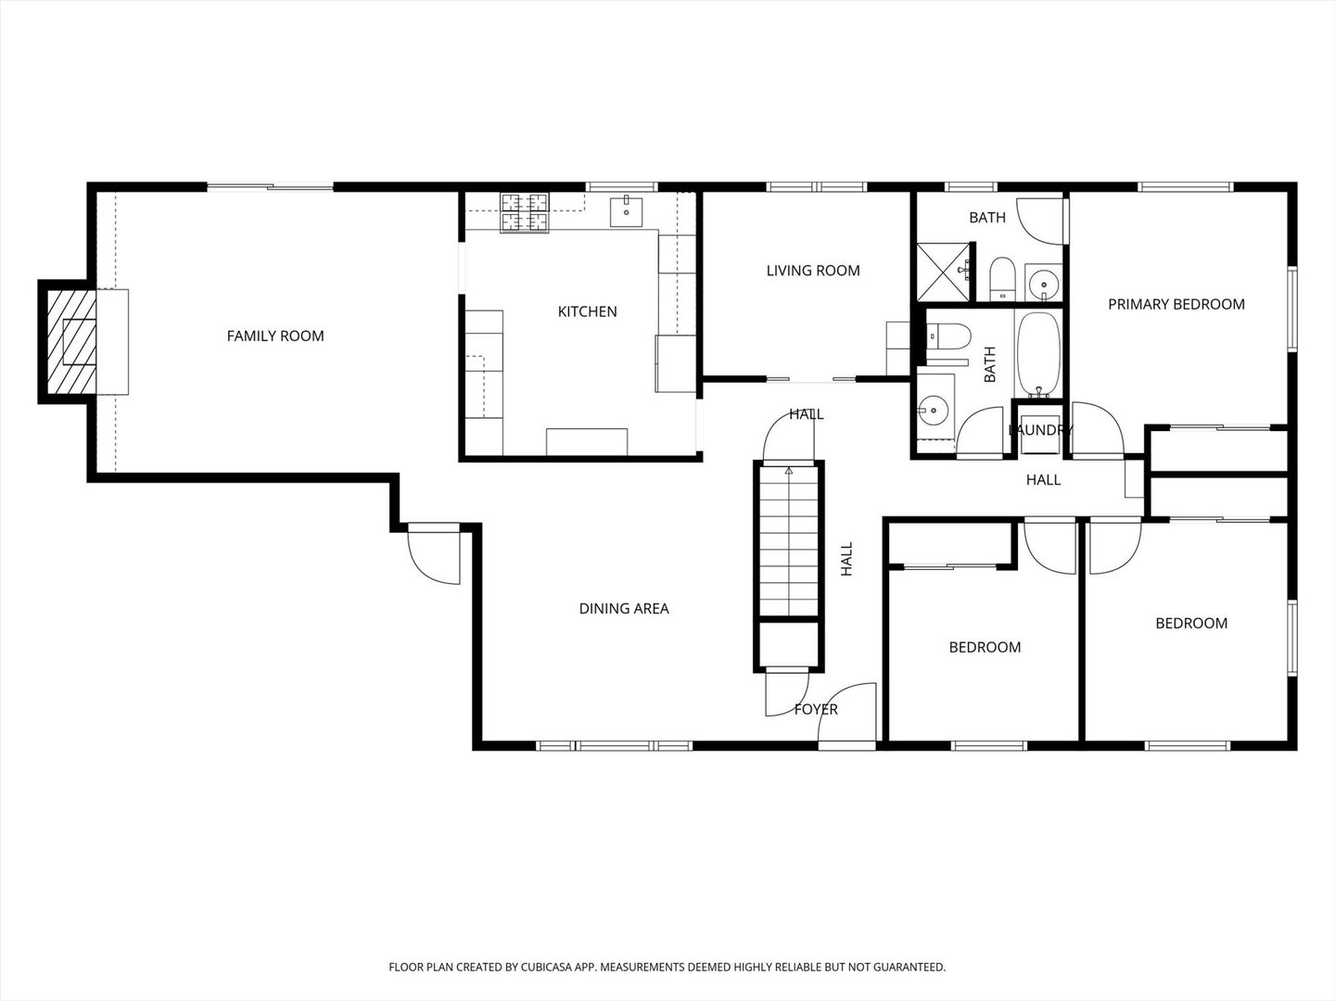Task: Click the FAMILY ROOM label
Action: tap(275, 336)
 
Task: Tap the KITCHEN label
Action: tap(587, 311)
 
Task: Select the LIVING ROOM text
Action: tap(812, 271)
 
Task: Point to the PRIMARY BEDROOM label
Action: tap(1176, 304)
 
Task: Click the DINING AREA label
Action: tap(623, 608)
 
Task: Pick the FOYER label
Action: tap(816, 709)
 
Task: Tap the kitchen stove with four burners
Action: tap(525, 213)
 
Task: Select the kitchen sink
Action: tap(626, 211)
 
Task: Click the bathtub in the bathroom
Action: tap(1039, 355)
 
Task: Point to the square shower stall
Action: tap(943, 272)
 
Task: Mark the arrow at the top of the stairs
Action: tap(789, 471)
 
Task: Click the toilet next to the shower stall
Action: tap(1001, 279)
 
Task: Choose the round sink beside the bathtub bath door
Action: tap(933, 409)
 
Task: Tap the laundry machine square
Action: tap(1040, 435)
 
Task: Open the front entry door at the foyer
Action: tap(846, 715)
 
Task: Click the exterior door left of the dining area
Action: tap(434, 553)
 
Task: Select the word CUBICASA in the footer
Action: tap(547, 967)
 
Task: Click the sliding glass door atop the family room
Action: tap(270, 187)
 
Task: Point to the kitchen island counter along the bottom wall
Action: tap(586, 442)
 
